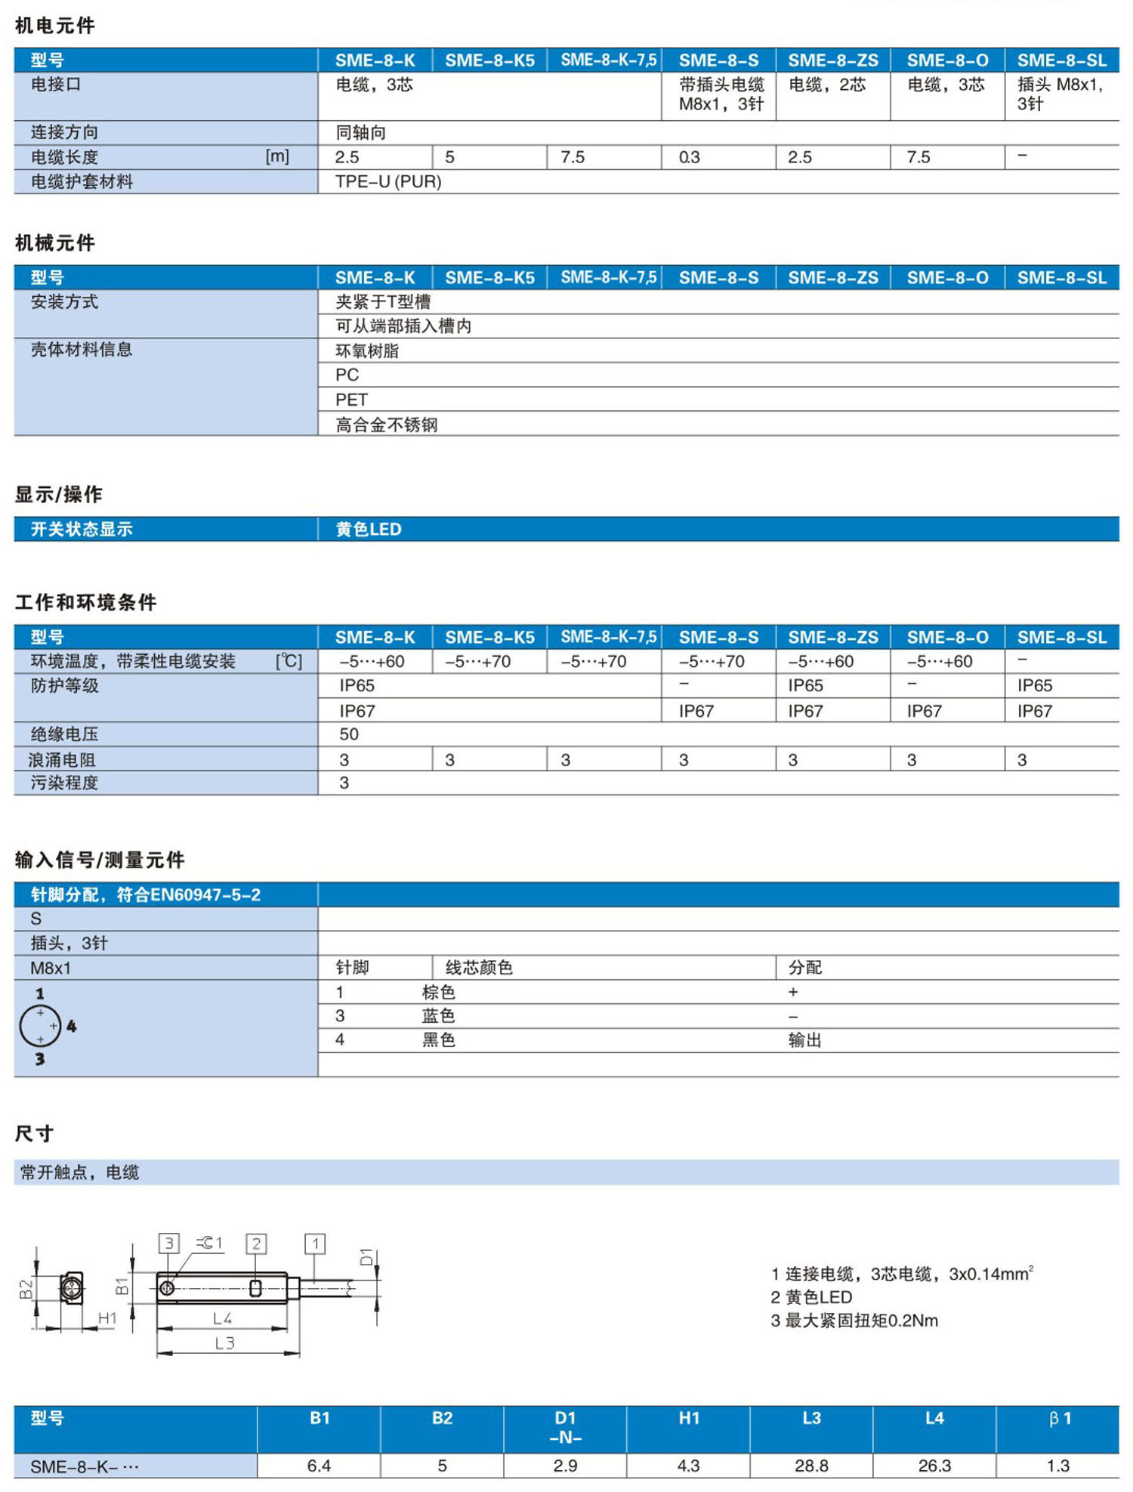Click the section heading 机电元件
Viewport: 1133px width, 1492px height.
54,26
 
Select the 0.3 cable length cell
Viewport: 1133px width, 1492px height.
689,157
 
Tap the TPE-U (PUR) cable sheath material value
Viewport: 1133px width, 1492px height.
388,181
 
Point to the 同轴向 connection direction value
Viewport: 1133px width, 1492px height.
360,133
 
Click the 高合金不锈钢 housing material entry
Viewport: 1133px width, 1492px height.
386,425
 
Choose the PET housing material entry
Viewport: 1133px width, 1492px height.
351,400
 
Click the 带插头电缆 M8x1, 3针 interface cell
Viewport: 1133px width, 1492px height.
721,94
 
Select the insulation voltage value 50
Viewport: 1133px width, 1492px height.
348,734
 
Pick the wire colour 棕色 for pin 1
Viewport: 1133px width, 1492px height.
438,992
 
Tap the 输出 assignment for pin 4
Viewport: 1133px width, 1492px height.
804,1040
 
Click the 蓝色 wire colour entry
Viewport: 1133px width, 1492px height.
438,1016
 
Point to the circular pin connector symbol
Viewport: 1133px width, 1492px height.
40,1026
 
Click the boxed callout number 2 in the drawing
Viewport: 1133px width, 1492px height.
256,1243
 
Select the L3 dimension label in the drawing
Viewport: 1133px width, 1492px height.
224,1342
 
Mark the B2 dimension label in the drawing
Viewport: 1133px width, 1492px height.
26,1289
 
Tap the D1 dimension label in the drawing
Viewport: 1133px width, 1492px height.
366,1257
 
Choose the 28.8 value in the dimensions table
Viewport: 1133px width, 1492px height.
811,1466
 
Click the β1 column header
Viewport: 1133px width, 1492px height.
1059,1419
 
